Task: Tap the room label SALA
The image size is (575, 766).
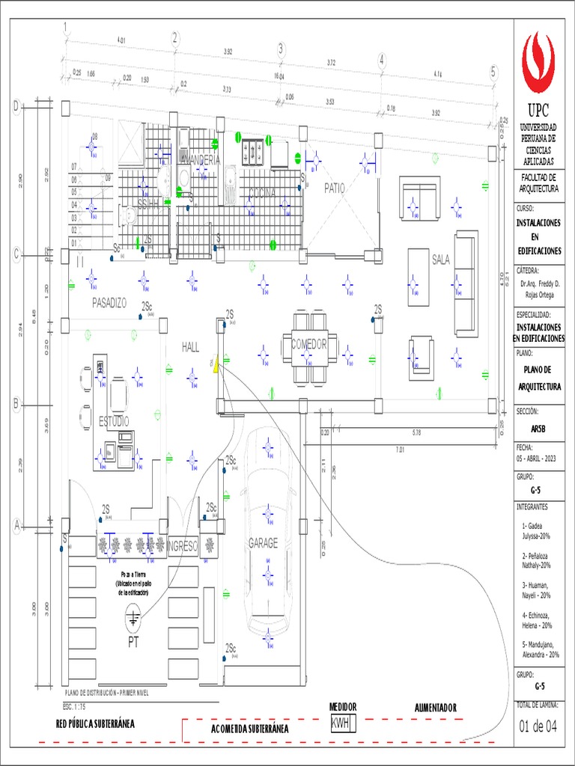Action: (440, 260)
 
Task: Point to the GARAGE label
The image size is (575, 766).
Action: (263, 544)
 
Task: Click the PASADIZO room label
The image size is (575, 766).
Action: (109, 303)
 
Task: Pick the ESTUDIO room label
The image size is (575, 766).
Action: (114, 421)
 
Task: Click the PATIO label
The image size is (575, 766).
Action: (335, 189)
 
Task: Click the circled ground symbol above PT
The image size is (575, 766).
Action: (133, 618)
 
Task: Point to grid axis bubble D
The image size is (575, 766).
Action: (16, 108)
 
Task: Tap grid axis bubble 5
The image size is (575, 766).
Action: (493, 72)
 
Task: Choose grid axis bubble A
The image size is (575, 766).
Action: (16, 527)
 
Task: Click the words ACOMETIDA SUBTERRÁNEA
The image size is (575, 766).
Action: (250, 729)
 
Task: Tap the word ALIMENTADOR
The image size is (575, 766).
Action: (435, 708)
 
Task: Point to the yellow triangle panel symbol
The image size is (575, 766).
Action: (216, 365)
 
